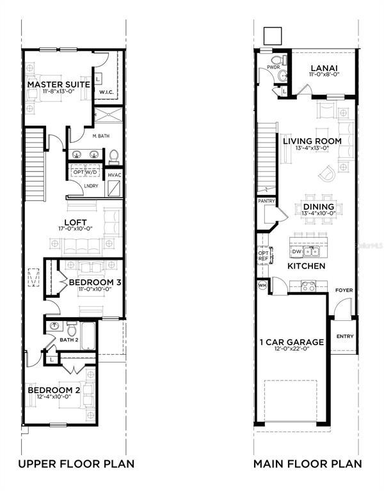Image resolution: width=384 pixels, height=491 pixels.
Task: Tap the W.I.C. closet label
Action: pyautogui.click(x=106, y=92)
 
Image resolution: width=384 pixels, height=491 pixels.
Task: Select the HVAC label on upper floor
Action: pyautogui.click(x=115, y=175)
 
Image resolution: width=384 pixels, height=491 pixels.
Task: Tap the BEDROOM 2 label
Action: pyautogui.click(x=54, y=389)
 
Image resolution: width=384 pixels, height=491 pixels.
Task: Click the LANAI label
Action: pyautogui.click(x=324, y=68)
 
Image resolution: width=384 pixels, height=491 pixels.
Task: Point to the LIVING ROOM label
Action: pyautogui.click(x=318, y=141)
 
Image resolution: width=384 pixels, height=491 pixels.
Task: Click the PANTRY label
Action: pyautogui.click(x=266, y=201)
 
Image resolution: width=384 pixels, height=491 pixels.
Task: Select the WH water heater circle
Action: pyautogui.click(x=262, y=284)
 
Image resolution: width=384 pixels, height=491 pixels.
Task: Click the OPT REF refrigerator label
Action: pyautogui.click(x=262, y=255)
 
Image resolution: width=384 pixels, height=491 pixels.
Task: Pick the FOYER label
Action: pyautogui.click(x=344, y=290)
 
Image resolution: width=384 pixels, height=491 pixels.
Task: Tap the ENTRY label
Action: pyautogui.click(x=344, y=336)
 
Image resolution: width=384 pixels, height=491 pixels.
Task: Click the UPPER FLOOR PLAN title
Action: pyautogui.click(x=76, y=464)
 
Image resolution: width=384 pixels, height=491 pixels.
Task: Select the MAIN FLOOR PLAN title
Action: pyautogui.click(x=307, y=464)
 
